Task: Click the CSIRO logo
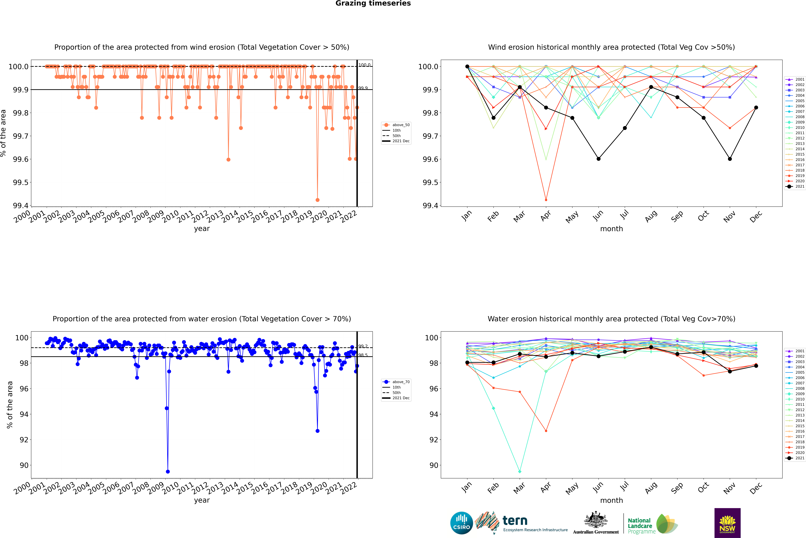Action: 461,523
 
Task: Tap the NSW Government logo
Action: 727,523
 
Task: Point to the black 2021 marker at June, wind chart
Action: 598,159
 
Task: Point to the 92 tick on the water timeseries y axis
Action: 24,440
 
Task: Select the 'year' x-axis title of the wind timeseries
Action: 202,229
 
